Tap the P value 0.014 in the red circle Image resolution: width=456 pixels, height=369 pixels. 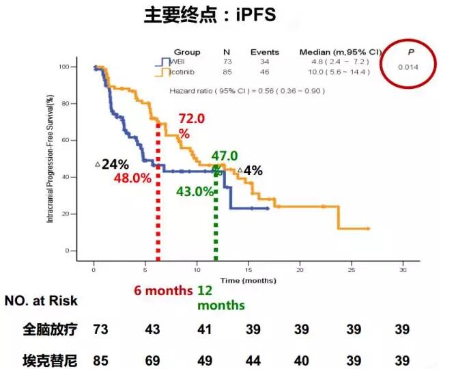(x=408, y=66)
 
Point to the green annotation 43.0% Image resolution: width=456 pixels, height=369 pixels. (x=195, y=192)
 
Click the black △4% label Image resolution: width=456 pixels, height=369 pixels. (x=250, y=171)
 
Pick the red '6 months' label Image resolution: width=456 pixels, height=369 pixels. (x=165, y=290)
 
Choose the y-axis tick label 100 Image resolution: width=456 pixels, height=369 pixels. (x=83, y=67)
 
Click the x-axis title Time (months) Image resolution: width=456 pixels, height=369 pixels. (x=246, y=280)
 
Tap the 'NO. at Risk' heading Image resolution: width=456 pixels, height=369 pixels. (x=41, y=301)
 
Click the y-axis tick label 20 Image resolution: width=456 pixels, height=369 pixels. (x=84, y=214)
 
